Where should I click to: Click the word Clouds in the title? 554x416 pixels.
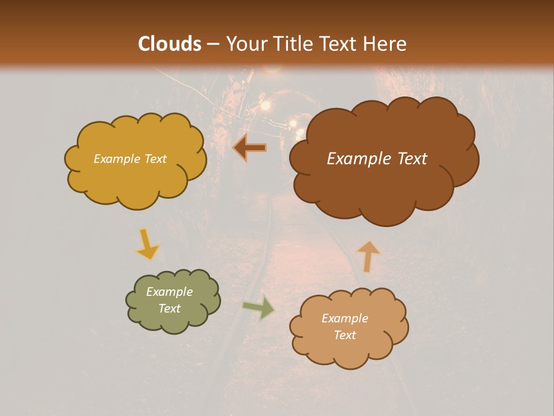click(x=170, y=44)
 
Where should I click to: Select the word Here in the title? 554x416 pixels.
click(x=385, y=44)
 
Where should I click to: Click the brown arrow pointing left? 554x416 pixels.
click(x=250, y=148)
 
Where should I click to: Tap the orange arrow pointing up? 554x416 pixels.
click(x=368, y=256)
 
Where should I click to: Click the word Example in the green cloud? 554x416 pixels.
click(x=169, y=292)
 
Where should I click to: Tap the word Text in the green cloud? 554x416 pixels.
click(x=169, y=309)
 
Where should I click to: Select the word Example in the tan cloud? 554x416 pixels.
click(x=345, y=318)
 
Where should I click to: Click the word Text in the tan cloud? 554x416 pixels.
click(x=345, y=335)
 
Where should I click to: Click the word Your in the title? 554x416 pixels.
click(x=244, y=44)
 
